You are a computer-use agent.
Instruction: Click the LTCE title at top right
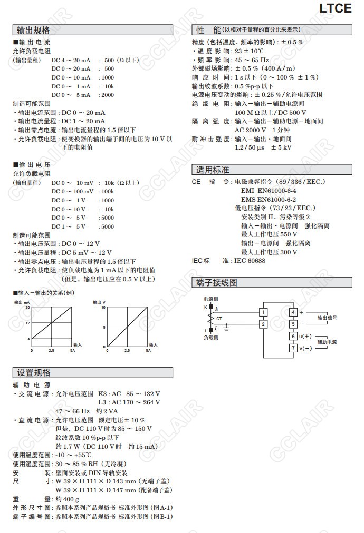pos(336,8)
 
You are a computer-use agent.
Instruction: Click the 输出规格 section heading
pos(34,30)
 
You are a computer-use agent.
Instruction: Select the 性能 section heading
pos(209,30)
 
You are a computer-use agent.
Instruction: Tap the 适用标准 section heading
pos(213,170)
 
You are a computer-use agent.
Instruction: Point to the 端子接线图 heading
pos(217,282)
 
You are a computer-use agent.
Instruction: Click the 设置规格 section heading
pos(34,372)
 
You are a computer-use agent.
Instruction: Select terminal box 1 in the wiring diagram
pos(263,312)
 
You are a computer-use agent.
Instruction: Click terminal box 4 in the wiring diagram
pos(293,312)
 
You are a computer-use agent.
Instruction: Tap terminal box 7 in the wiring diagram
pos(293,348)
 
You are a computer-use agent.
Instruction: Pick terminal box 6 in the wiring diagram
pos(293,336)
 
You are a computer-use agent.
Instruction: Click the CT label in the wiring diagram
pos(219,319)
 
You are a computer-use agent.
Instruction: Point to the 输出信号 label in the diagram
pos(327,318)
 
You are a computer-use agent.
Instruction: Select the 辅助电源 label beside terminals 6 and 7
pos(327,342)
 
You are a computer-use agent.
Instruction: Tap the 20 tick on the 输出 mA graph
pos(27,307)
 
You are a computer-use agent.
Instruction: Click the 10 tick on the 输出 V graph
pos(104,307)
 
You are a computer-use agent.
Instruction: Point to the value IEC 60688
pos(250,260)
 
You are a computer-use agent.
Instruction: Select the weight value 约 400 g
pos(68,499)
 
